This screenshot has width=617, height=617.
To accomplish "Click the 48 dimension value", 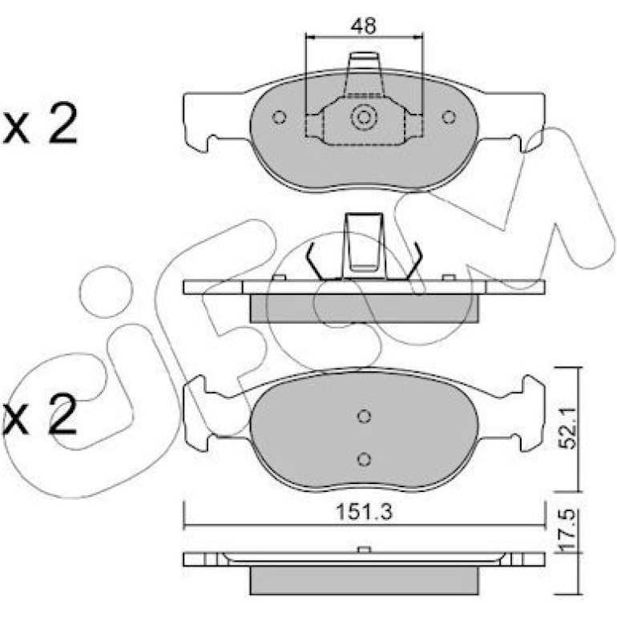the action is pyautogui.click(x=364, y=25).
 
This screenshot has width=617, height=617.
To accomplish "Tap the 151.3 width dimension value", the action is pyautogui.click(x=364, y=512).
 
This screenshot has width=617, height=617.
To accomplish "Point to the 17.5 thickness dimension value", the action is pyautogui.click(x=567, y=530).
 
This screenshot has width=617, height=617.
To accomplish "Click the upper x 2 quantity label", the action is pyautogui.click(x=39, y=123).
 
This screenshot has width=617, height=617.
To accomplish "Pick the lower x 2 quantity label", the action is pyautogui.click(x=39, y=414).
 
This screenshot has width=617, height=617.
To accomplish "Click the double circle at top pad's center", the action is pyautogui.click(x=364, y=117).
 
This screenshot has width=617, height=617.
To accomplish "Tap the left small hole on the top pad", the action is pyautogui.click(x=279, y=117).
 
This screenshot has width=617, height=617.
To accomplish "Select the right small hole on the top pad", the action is pyautogui.click(x=449, y=117).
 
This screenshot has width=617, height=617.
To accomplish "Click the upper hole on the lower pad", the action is pyautogui.click(x=365, y=416).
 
